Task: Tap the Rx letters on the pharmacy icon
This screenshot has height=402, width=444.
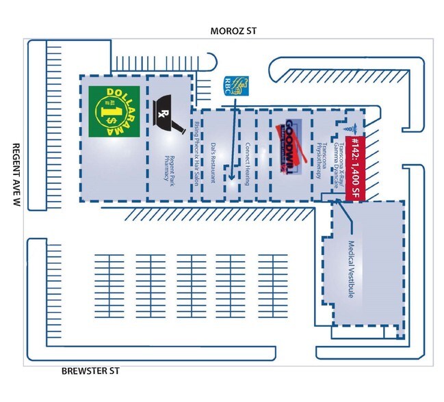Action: (x=163, y=113)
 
